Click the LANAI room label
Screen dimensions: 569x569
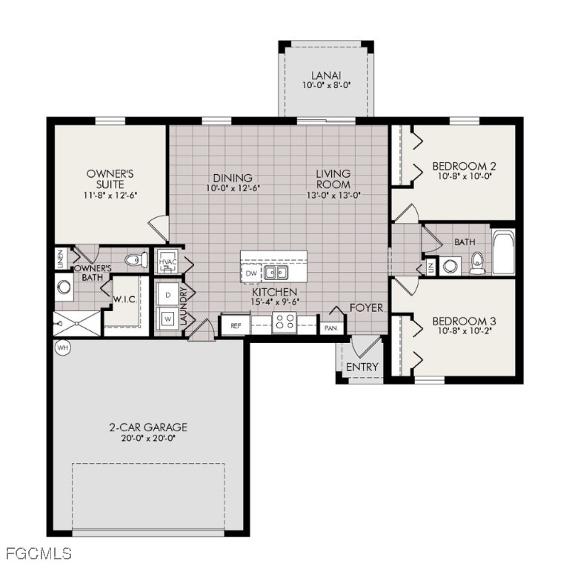click(x=325, y=75)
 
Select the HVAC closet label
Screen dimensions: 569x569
click(x=167, y=262)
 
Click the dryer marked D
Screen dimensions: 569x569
click(x=167, y=294)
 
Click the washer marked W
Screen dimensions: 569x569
click(x=167, y=320)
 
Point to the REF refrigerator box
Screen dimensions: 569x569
click(x=236, y=325)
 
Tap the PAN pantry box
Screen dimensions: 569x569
click(x=330, y=326)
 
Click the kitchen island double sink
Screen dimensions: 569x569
click(x=278, y=272)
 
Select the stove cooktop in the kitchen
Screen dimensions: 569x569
click(x=284, y=323)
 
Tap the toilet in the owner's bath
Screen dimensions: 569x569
click(x=134, y=261)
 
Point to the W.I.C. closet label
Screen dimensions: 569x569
click(x=123, y=300)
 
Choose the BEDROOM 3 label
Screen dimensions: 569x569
click(x=464, y=321)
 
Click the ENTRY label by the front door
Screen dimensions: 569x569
click(x=362, y=367)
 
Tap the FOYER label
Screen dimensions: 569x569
click(x=367, y=307)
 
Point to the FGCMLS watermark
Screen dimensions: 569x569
click(x=38, y=553)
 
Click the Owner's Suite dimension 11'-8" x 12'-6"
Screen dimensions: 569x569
click(x=110, y=194)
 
